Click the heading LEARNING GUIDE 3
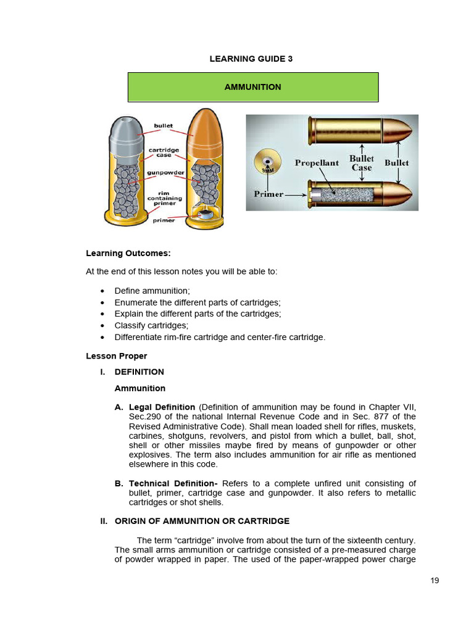[x=251, y=59]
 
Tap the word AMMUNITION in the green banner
[x=252, y=87]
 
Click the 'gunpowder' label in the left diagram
[x=165, y=173]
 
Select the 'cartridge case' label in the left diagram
[x=164, y=152]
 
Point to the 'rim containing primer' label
[x=164, y=198]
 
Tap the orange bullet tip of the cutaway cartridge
[x=205, y=133]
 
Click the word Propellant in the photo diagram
[x=317, y=163]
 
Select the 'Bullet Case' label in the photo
[x=362, y=163]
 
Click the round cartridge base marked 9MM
[x=268, y=162]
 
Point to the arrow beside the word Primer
[x=296, y=195]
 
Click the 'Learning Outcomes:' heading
[x=128, y=254]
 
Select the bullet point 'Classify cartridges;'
[x=151, y=326]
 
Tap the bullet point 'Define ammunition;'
[x=152, y=291]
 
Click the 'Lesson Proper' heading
[x=117, y=356]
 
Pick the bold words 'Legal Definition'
[x=162, y=407]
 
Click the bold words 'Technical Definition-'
[x=173, y=483]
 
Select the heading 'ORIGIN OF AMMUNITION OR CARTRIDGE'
[x=202, y=521]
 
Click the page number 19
[x=434, y=581]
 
